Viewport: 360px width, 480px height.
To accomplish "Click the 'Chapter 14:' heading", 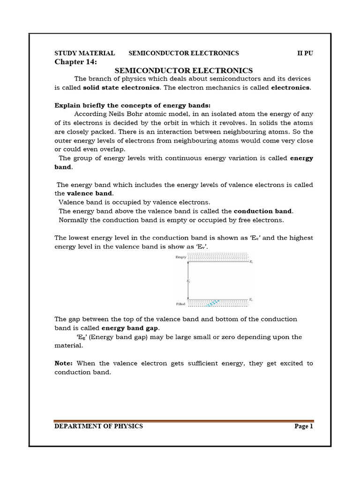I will point(76,62).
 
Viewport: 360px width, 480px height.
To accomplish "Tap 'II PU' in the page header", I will point(305,53).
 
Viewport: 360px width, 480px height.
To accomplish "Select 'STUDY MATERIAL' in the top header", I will point(85,53).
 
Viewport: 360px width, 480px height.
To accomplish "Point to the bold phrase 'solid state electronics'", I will point(121,88).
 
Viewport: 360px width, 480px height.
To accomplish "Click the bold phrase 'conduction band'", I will point(262,211).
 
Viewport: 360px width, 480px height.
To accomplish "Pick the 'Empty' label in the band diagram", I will point(181,257).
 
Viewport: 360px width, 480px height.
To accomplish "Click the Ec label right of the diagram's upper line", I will point(252,261).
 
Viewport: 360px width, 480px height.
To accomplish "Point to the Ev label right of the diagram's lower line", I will point(252,299).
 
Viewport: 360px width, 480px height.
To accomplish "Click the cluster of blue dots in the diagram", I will point(213,303).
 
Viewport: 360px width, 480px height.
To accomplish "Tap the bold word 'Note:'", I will point(64,363).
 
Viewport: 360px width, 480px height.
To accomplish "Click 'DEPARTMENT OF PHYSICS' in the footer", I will point(99,426).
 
